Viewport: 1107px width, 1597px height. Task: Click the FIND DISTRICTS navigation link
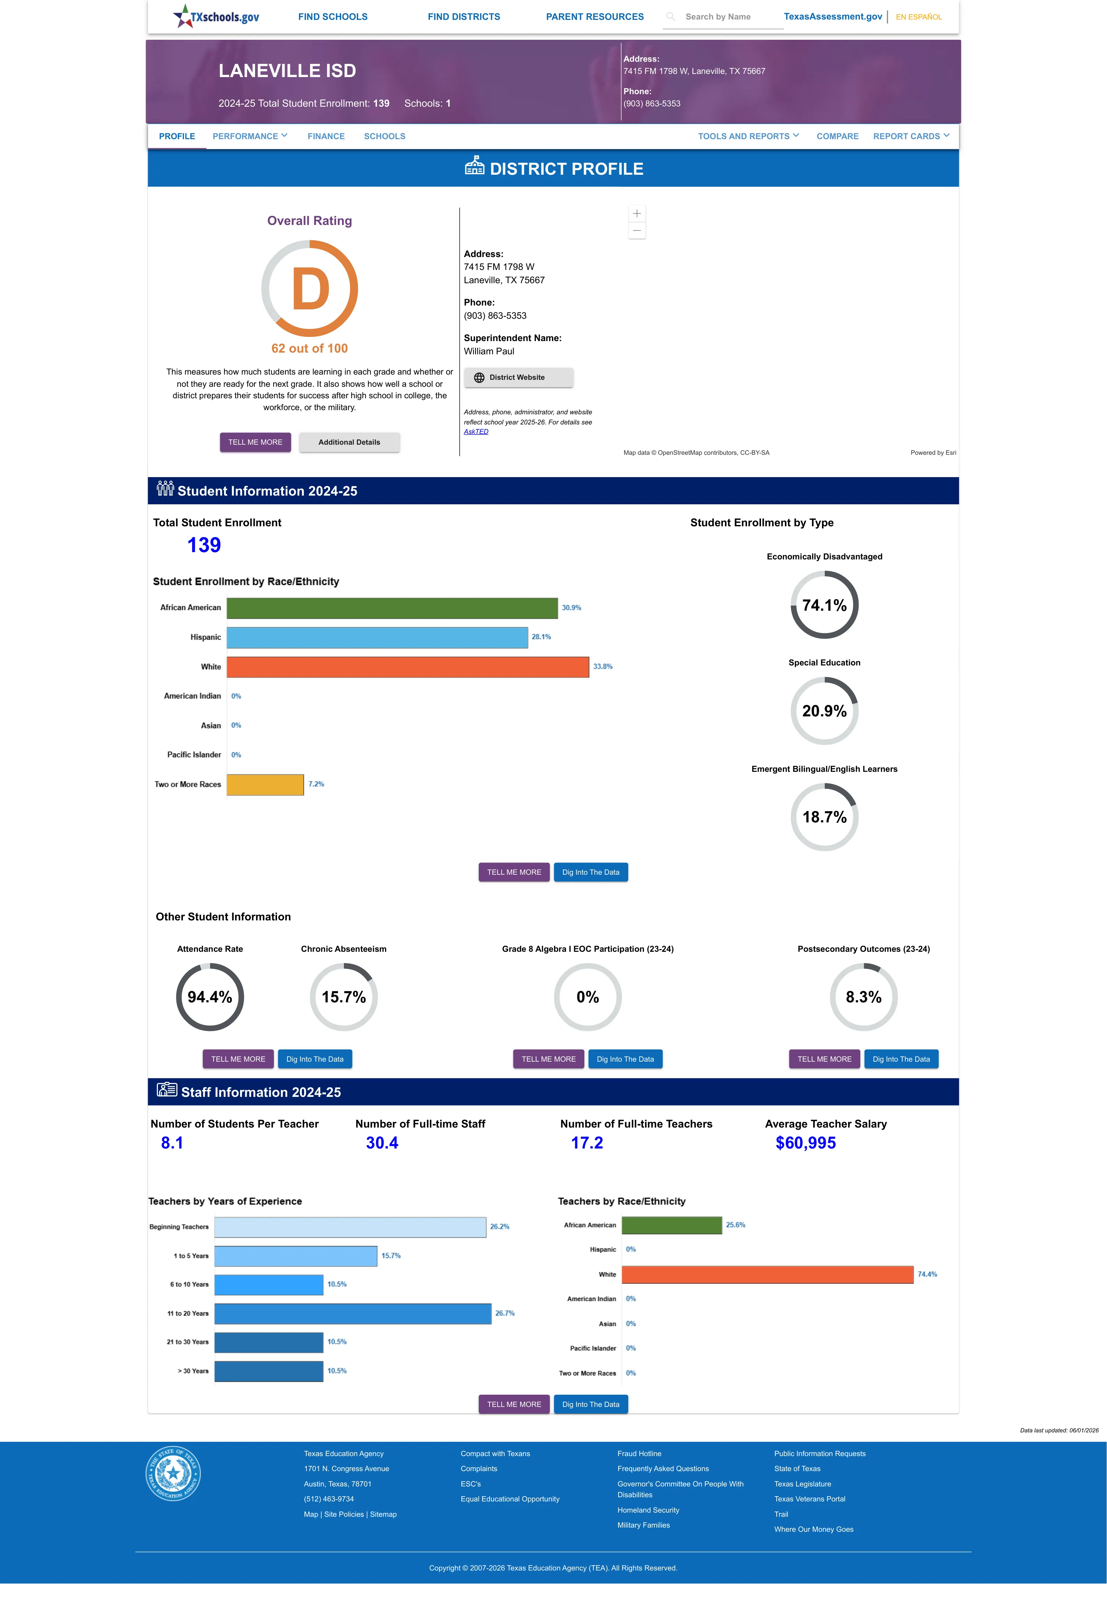coord(463,17)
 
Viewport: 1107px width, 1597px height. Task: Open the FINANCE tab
coord(326,136)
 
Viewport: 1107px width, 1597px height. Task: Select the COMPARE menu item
coord(837,136)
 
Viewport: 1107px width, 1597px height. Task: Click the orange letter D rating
coord(310,289)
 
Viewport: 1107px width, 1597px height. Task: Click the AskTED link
coord(476,432)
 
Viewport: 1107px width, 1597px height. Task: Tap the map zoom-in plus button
coord(637,213)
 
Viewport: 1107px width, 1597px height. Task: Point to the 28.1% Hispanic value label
coord(541,636)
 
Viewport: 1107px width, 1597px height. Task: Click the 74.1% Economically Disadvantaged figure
coord(824,605)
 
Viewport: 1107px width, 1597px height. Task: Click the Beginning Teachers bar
coord(350,1227)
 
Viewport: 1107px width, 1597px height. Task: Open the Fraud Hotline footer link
coord(639,1453)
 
